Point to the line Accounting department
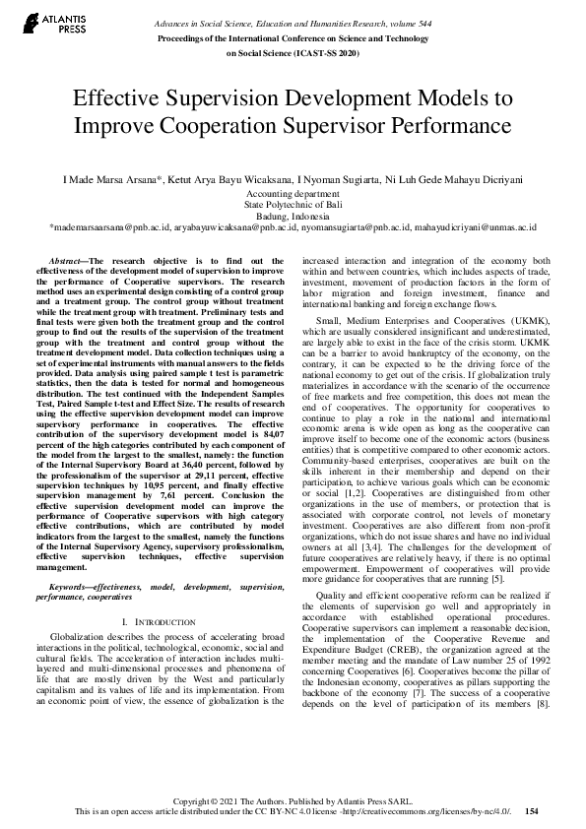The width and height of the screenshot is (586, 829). [x=293, y=194]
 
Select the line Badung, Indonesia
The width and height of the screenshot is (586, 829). [x=293, y=216]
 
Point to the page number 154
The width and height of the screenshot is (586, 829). [x=532, y=812]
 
